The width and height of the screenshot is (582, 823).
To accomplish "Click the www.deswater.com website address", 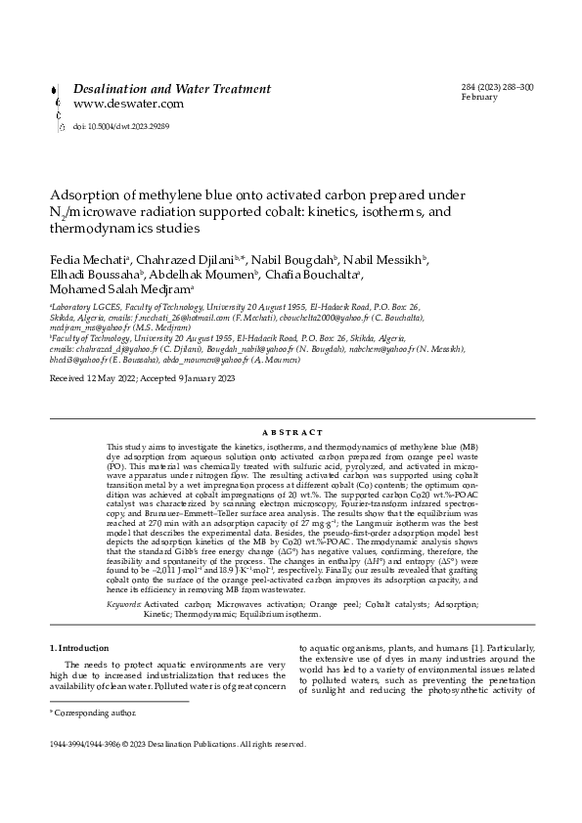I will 128,104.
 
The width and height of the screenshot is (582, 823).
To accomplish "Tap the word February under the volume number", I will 480,99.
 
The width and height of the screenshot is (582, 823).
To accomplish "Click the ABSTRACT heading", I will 291,432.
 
